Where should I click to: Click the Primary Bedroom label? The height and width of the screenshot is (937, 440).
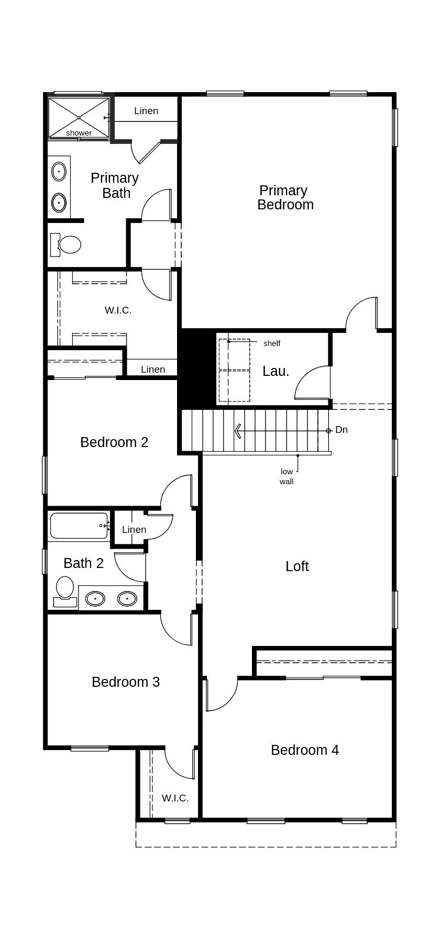click(285, 197)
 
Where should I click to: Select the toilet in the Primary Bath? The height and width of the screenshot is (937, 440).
click(68, 244)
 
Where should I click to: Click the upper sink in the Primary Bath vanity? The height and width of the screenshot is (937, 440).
click(59, 171)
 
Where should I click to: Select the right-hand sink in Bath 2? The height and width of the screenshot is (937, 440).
click(127, 598)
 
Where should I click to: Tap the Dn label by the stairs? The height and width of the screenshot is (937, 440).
click(342, 430)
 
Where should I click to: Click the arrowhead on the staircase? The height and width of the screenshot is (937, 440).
click(238, 431)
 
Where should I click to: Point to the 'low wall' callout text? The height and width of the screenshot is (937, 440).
click(287, 476)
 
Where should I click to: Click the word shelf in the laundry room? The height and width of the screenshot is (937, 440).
click(272, 343)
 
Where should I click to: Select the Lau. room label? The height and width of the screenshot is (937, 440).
click(276, 371)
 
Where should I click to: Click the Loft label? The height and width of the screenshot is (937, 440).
click(297, 566)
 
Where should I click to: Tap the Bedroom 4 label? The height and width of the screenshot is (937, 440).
click(304, 750)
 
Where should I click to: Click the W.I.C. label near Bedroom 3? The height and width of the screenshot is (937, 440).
click(175, 798)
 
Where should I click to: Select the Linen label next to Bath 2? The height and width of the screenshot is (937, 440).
click(134, 530)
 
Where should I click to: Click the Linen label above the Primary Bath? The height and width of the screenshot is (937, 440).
click(146, 111)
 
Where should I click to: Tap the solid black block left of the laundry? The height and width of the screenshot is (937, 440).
click(197, 369)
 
